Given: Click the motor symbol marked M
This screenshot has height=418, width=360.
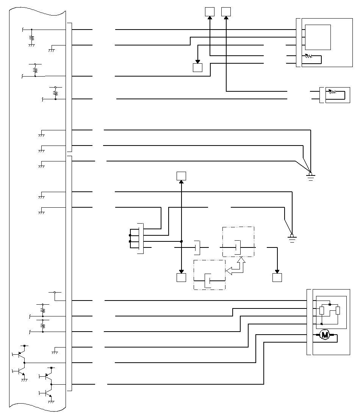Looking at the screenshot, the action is tap(324, 335).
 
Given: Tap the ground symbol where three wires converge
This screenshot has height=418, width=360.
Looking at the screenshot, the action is tap(310, 176).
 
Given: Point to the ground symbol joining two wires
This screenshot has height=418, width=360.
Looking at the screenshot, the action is tap(292, 238).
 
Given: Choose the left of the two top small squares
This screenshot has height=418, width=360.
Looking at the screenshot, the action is tap(210, 12).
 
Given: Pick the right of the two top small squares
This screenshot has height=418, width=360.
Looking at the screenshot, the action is tap(226, 12).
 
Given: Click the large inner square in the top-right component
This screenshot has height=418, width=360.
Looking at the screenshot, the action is tap(318, 37).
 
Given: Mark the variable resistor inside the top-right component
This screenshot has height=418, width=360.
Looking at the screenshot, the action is tap(309, 56).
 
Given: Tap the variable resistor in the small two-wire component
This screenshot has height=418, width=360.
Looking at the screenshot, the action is tap(332, 92).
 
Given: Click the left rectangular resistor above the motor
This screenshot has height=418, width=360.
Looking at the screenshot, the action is tap(322, 311).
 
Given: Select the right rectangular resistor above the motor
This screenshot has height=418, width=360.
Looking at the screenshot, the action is tap(338, 311).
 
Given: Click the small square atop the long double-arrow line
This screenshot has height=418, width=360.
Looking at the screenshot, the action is tap(182, 176).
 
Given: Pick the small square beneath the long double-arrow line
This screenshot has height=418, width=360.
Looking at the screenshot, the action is tap(182, 277).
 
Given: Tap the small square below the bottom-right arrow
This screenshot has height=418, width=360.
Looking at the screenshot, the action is tap(277, 277).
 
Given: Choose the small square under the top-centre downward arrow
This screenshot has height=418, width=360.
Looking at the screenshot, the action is tap(197, 67).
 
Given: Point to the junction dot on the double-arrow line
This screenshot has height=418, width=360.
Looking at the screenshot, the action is tap(182, 241).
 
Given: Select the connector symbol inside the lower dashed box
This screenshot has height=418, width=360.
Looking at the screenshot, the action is tap(208, 281).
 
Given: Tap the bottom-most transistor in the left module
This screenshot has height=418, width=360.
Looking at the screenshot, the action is tap(47, 393).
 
